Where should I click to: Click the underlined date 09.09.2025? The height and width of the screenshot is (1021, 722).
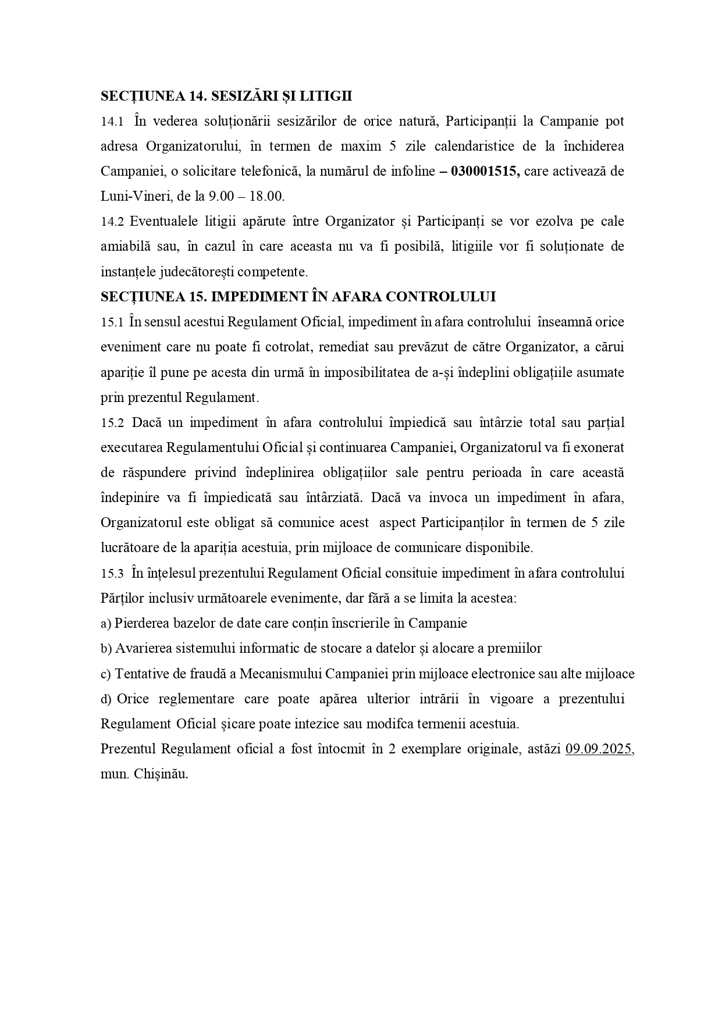(599, 749)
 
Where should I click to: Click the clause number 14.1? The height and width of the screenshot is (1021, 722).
(112, 122)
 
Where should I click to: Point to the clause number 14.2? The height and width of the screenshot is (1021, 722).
(112, 222)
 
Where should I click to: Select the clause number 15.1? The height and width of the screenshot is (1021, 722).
(112, 322)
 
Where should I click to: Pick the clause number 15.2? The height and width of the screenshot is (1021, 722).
(112, 422)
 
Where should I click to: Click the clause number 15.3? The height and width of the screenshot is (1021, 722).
(112, 573)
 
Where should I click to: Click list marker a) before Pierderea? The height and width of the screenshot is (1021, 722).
(105, 624)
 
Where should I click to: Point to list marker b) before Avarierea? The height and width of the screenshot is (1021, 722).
(106, 649)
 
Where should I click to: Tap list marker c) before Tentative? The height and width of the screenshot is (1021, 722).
(105, 674)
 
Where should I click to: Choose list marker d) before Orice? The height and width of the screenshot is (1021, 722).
(106, 699)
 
